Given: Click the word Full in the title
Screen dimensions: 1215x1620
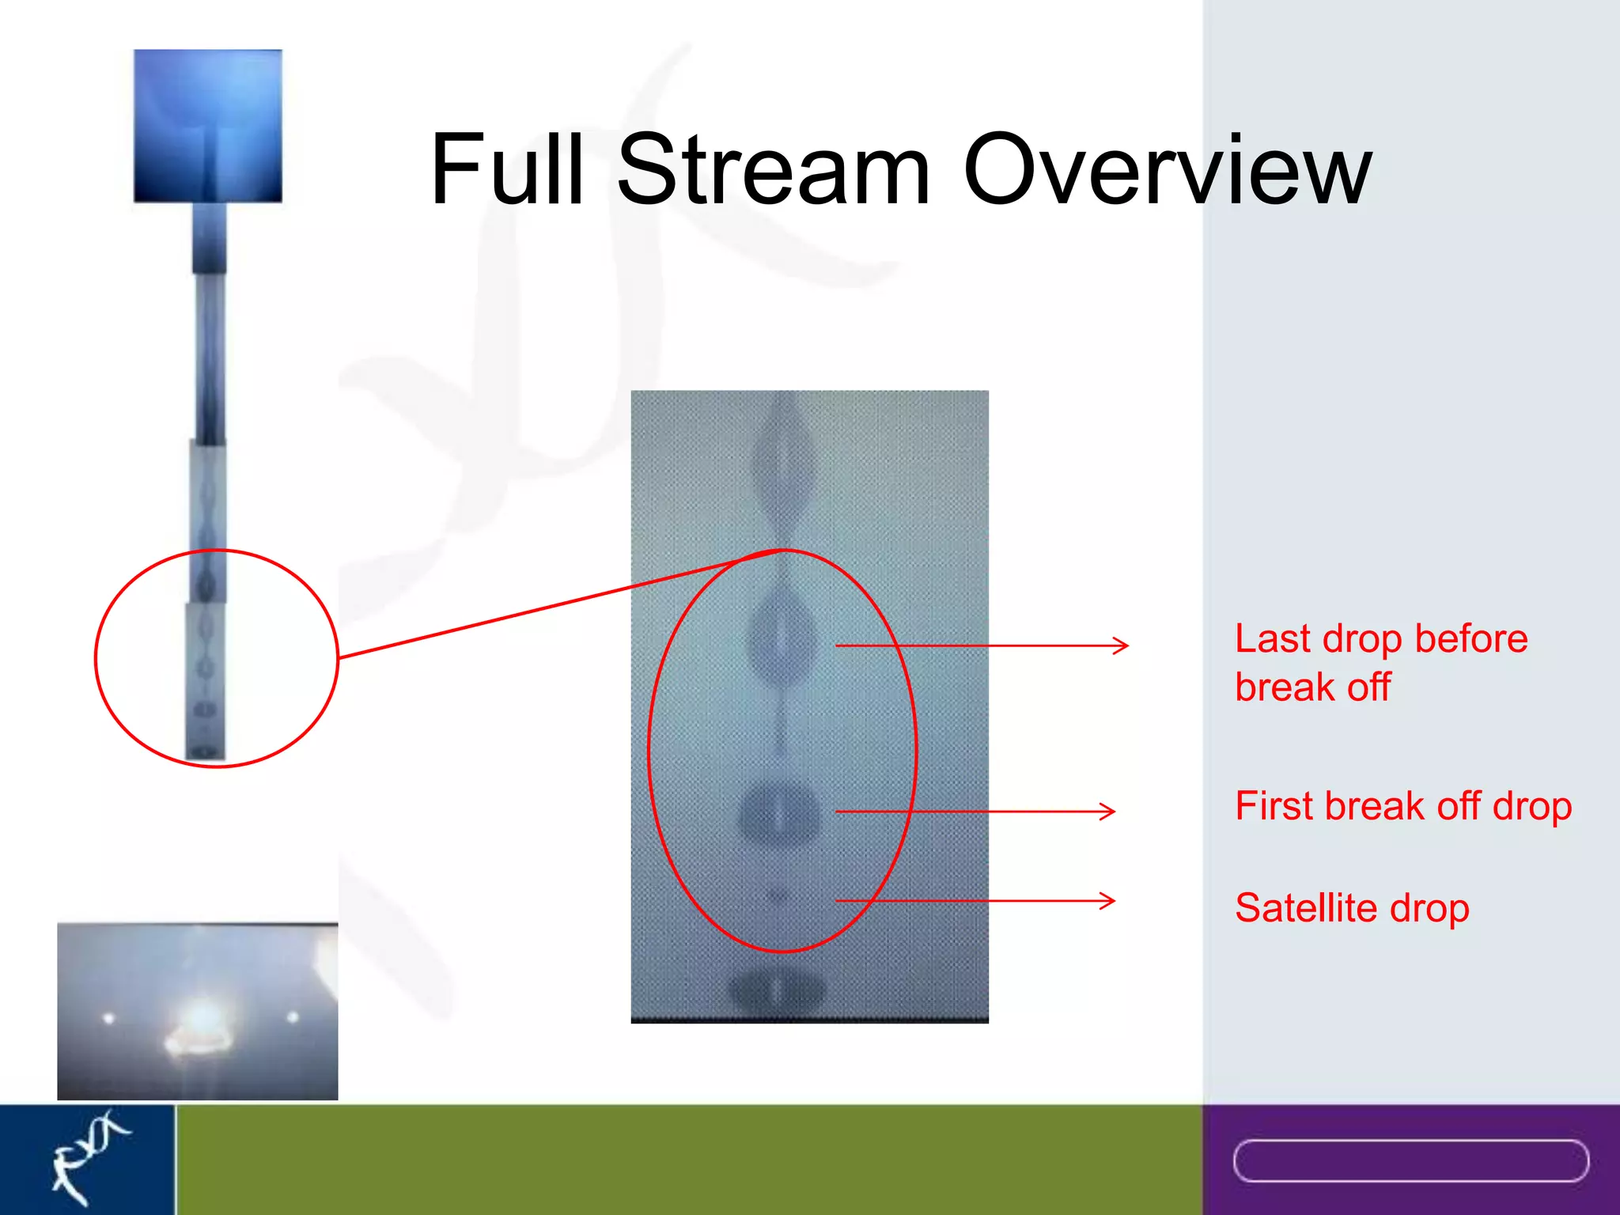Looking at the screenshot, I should point(506,170).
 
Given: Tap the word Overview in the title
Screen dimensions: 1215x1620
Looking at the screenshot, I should point(1166,170).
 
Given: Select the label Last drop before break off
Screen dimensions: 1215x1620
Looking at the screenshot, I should point(1380,662).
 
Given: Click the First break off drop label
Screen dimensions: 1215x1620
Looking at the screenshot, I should point(1402,806).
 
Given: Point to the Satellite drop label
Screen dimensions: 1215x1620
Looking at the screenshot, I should point(1351,907).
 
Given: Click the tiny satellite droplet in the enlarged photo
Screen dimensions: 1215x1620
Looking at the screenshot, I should point(778,895).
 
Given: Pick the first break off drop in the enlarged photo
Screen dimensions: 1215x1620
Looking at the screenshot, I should point(778,813).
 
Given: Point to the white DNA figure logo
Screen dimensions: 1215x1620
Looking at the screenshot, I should point(87,1155).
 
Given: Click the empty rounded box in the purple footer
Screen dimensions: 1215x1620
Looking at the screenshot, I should point(1410,1160).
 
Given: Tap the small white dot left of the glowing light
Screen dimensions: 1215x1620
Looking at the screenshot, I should point(108,1019).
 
